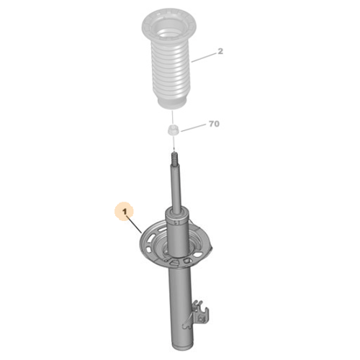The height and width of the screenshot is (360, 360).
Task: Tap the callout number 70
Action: pyautogui.click(x=213, y=125)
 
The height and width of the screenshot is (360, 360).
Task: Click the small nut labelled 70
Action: pyautogui.click(x=173, y=131)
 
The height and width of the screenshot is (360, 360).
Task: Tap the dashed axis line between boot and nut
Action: pyautogui.click(x=173, y=117)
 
